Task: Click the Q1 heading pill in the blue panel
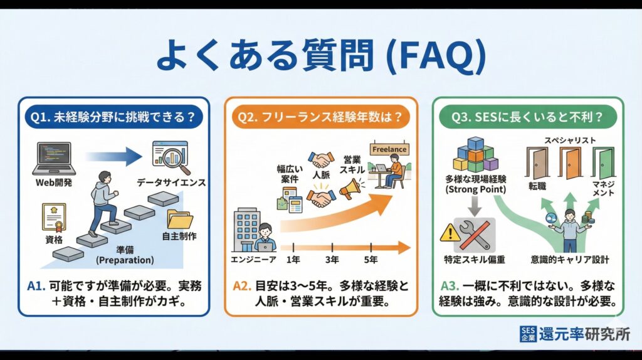point(113,116)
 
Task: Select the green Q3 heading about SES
point(528,116)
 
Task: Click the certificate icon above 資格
point(54,217)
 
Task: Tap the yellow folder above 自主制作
point(180,219)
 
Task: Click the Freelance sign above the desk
point(389,149)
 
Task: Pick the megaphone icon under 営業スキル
point(350,187)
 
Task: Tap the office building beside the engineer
point(246,230)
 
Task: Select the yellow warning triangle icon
point(450,234)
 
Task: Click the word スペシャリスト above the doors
point(570,140)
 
